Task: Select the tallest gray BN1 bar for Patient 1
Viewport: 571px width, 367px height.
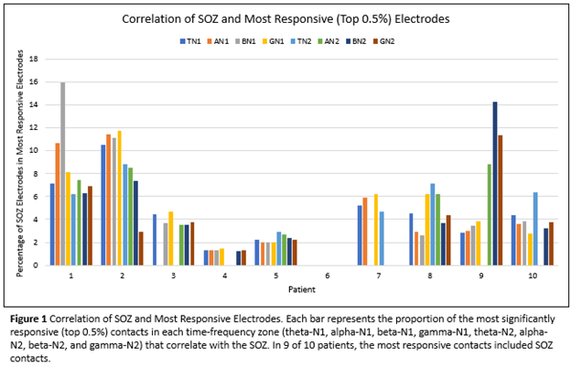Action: coord(63,174)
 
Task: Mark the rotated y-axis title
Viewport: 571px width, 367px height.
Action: coord(13,162)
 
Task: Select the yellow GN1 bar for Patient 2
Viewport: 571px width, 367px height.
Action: coord(119,198)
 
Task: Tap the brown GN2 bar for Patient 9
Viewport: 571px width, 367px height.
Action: coord(501,200)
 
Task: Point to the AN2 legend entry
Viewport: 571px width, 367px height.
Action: coord(346,42)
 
